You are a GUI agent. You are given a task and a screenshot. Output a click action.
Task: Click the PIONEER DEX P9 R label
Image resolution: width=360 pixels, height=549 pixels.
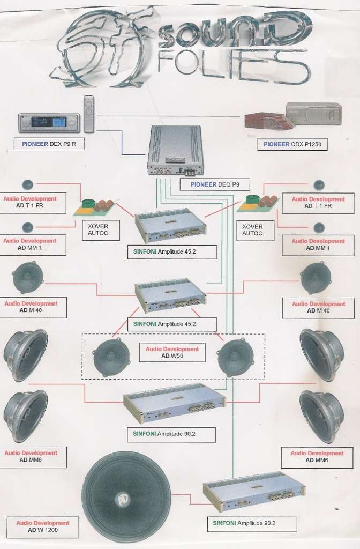pyautogui.click(x=49, y=144)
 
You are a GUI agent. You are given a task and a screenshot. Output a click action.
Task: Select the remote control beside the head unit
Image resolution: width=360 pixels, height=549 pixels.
pyautogui.click(x=89, y=115)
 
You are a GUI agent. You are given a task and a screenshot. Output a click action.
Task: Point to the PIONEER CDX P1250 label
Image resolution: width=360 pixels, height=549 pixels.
pyautogui.click(x=292, y=144)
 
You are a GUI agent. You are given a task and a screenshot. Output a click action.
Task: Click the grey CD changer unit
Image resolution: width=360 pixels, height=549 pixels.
pyautogui.click(x=313, y=114)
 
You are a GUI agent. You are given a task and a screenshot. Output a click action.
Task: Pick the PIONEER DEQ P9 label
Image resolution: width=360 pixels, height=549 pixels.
pyautogui.click(x=215, y=184)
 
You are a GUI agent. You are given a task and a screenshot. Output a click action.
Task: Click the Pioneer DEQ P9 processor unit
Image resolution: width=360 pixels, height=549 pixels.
pyautogui.click(x=175, y=150)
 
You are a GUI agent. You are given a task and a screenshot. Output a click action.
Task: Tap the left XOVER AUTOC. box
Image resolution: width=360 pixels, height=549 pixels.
pyautogui.click(x=101, y=230)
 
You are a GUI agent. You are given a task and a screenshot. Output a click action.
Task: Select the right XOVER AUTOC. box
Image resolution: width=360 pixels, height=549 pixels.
pyautogui.click(x=255, y=230)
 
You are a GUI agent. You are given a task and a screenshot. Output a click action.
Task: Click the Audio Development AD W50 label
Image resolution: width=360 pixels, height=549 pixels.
pyautogui.click(x=172, y=352)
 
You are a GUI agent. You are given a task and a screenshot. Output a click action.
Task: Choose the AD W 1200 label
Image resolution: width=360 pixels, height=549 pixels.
pyautogui.click(x=43, y=526)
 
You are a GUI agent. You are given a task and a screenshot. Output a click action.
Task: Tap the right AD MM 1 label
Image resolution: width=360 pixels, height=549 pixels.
pyautogui.click(x=318, y=244)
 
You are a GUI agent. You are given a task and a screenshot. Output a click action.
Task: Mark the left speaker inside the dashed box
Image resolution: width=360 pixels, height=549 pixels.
pyautogui.click(x=111, y=358)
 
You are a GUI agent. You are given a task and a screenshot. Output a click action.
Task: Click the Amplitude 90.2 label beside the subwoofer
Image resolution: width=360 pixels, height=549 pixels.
pyautogui.click(x=252, y=523)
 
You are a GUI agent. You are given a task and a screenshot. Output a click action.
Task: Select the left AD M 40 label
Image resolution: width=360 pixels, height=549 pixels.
pyautogui.click(x=33, y=307)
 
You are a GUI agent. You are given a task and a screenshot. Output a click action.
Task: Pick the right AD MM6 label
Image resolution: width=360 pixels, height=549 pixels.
pyautogui.click(x=317, y=457)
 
